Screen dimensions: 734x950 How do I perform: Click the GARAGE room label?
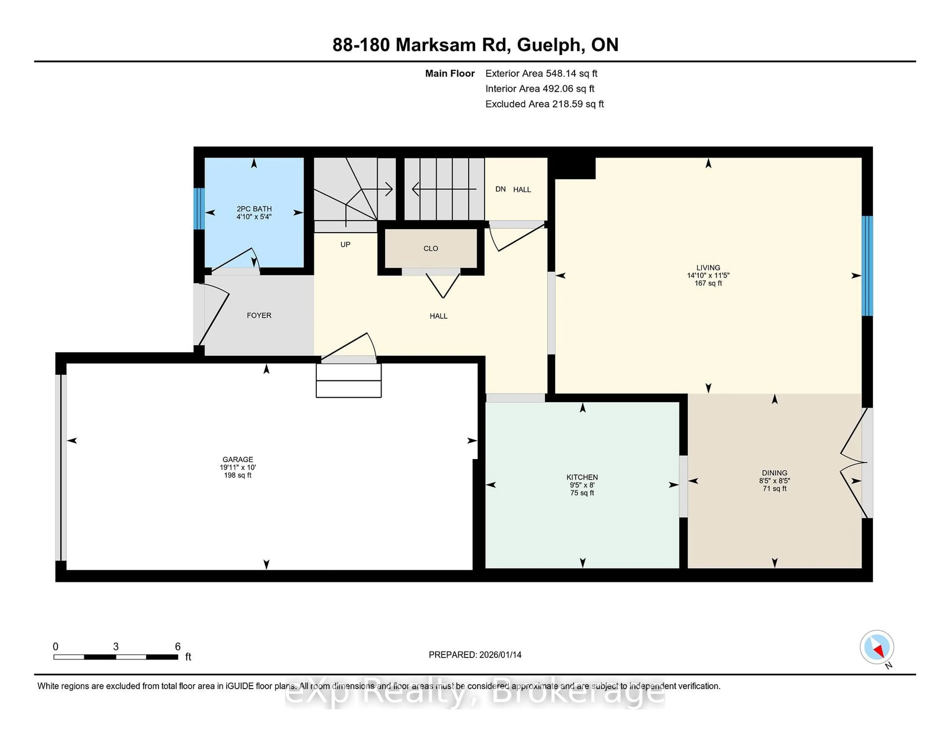click(x=237, y=459)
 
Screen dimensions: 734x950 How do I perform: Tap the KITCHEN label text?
click(x=582, y=477)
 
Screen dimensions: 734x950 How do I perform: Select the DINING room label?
click(x=774, y=473)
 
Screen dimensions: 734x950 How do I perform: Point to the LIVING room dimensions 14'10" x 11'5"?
click(x=708, y=275)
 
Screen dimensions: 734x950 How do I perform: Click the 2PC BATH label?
click(x=254, y=209)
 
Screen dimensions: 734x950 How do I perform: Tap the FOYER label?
click(x=259, y=315)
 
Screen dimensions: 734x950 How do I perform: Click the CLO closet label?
click(x=431, y=248)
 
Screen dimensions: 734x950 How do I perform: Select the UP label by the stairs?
click(x=345, y=244)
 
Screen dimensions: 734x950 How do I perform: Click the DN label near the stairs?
click(x=500, y=189)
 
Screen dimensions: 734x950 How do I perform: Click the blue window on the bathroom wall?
click(x=199, y=209)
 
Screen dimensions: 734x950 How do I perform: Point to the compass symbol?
click(x=877, y=647)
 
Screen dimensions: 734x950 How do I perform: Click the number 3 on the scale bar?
click(x=116, y=647)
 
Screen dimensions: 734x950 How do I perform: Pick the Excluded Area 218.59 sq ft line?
click(x=544, y=104)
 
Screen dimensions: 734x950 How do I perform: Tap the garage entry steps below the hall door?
click(x=348, y=381)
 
